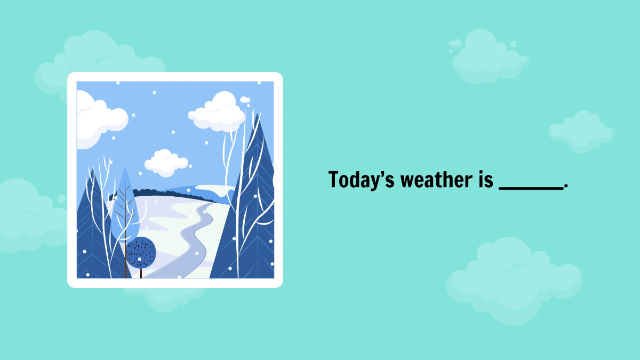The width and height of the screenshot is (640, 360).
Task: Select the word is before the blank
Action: click(482, 180)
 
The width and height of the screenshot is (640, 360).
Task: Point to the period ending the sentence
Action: click(566, 186)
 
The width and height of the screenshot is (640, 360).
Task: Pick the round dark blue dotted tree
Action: click(141, 252)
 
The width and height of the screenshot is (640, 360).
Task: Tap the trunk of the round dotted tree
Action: click(141, 273)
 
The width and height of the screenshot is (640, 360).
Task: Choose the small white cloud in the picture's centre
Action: click(166, 162)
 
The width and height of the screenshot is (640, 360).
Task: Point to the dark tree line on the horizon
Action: click(160, 193)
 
